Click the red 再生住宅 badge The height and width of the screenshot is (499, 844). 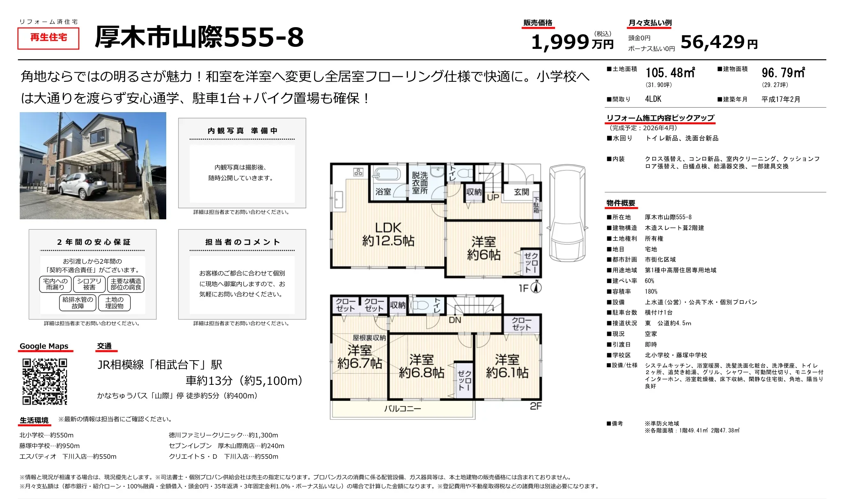tap(48, 38)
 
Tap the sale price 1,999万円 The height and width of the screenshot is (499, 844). tap(572, 42)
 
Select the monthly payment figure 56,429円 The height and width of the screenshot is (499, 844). tap(719, 42)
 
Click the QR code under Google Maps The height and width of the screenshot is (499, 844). tap(44, 382)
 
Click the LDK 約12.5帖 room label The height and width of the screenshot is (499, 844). tap(388, 234)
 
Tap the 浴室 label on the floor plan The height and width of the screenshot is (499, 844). tap(383, 192)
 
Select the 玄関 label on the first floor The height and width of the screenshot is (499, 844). tap(521, 192)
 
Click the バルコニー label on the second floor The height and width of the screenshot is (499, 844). tap(402, 409)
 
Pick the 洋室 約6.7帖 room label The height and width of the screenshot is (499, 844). tap(360, 356)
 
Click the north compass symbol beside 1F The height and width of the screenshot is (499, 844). tap(536, 287)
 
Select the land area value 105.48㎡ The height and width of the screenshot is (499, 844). tap(670, 73)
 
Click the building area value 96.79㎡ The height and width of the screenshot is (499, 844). tap(783, 73)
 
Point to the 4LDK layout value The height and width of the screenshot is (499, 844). tap(653, 99)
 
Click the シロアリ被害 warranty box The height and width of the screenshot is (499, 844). tap(89, 284)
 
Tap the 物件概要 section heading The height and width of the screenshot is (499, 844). tap(621, 203)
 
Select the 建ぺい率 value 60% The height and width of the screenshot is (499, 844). tap(649, 281)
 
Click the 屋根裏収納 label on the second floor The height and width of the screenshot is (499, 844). tap(369, 338)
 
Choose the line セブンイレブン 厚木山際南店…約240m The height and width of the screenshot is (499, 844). tap(226, 446)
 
